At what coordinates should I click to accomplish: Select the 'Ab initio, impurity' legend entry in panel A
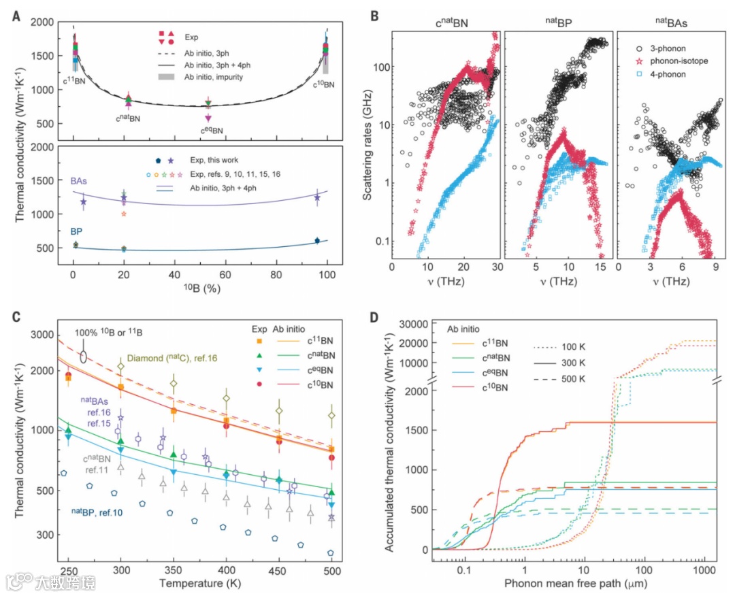216,76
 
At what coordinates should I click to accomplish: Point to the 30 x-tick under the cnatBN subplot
496,267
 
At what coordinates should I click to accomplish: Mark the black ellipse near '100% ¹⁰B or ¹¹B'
83,356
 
